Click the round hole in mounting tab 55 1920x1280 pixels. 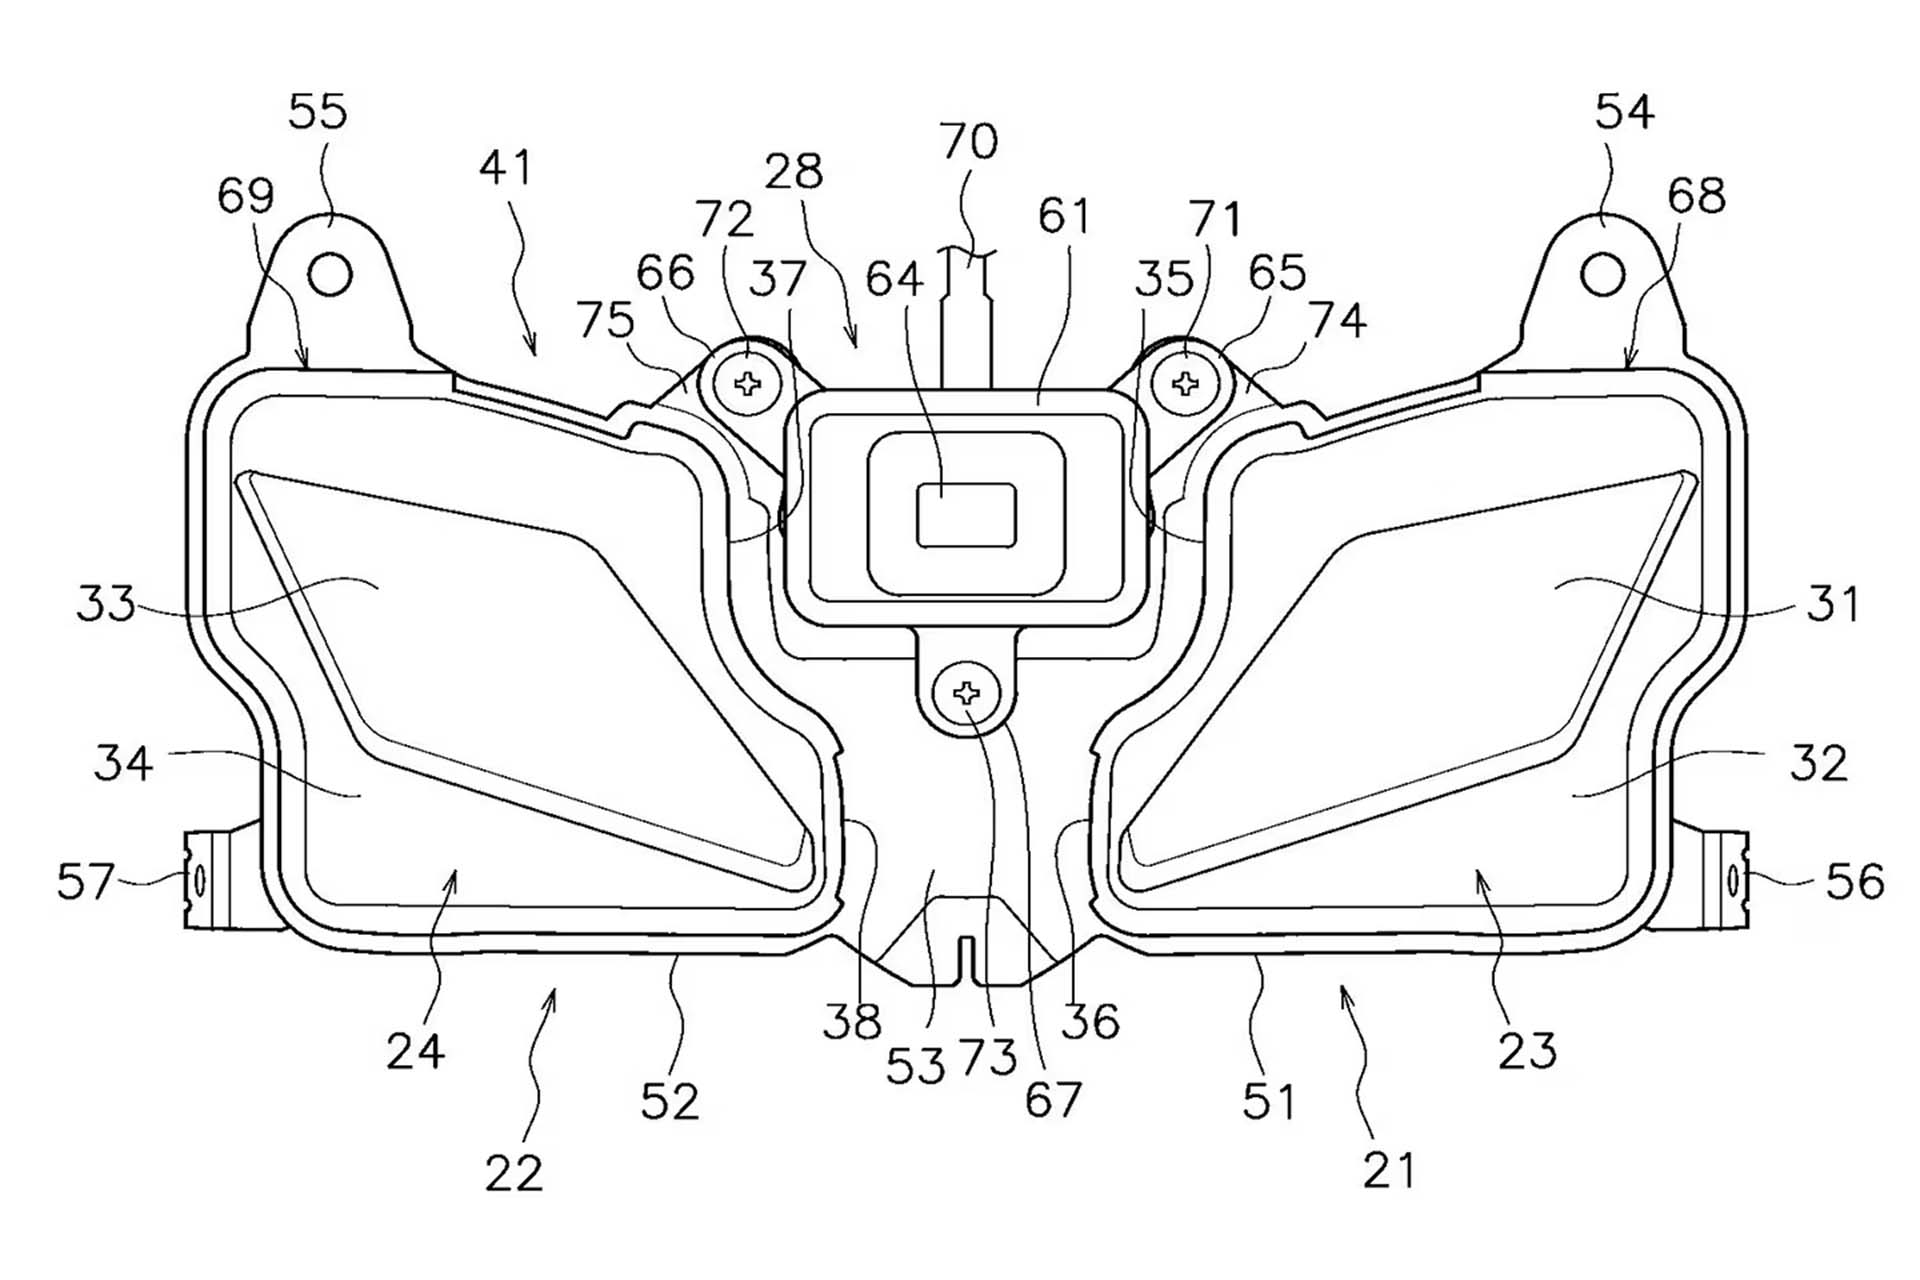pos(330,274)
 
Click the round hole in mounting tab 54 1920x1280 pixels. pos(1603,274)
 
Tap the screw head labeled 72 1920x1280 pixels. pos(748,383)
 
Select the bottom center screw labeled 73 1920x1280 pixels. pos(966,693)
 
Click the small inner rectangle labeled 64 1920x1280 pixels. pos(966,515)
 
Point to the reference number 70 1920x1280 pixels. pos(968,142)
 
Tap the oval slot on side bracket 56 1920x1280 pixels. pos(1732,881)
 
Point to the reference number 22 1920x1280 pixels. pos(514,1173)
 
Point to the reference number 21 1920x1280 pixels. pos(1389,1170)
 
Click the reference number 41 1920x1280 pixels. pos(505,168)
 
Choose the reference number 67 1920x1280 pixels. pos(1053,1101)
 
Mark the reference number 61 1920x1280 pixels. pos(1064,216)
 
